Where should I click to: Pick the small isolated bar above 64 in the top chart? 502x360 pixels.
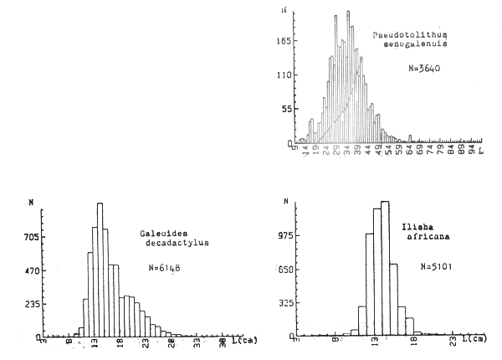tap(411, 137)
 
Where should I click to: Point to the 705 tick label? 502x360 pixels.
tap(30, 236)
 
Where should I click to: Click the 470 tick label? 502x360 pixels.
tap(30, 270)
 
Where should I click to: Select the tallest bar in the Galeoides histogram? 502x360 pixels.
tap(99, 268)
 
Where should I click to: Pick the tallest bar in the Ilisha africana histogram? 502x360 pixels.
tap(384, 268)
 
